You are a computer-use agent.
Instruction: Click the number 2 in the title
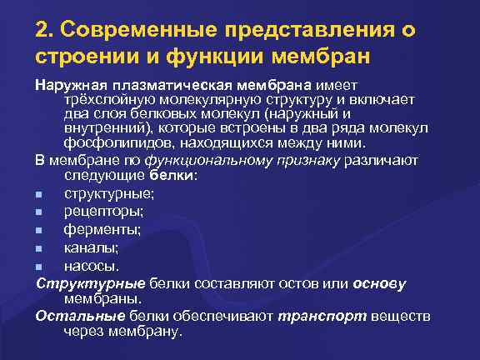(x=42, y=31)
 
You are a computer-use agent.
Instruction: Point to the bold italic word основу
(x=379, y=282)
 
